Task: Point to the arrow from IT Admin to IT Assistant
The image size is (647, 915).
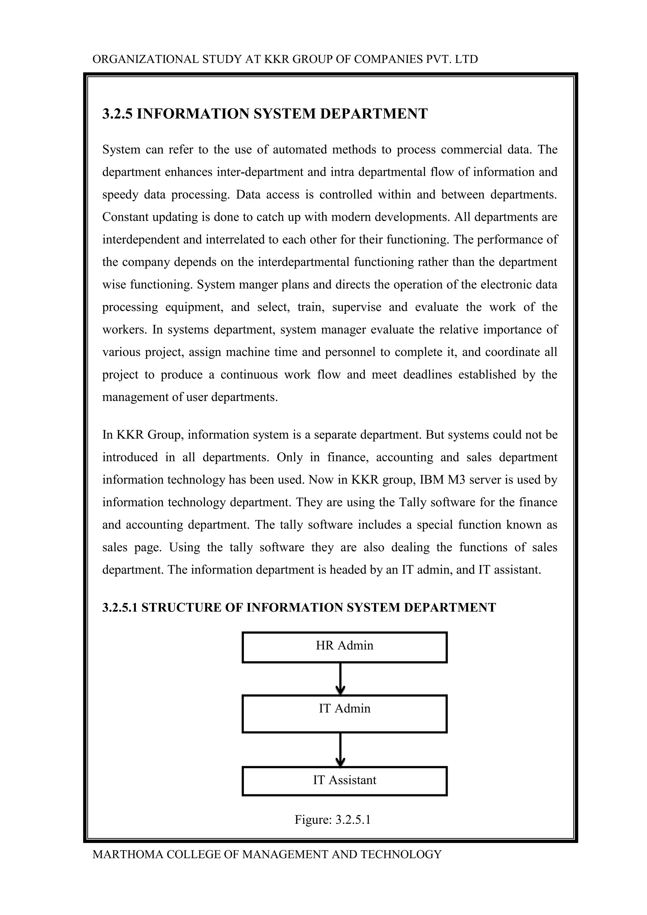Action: [x=340, y=749]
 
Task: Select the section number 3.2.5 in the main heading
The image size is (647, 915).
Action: [x=118, y=114]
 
